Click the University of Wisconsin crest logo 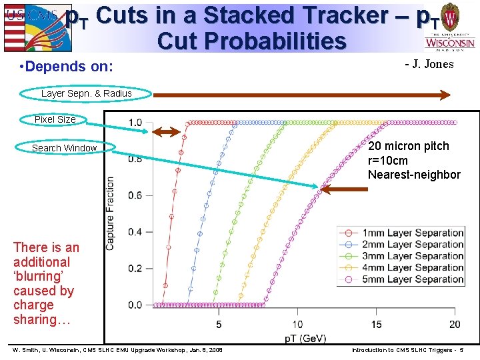click(x=451, y=27)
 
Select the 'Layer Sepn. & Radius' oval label click(x=86, y=93)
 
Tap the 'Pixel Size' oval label click(x=55, y=119)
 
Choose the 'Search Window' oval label click(x=65, y=148)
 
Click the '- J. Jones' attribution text click(x=429, y=65)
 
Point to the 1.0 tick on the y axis click(x=135, y=123)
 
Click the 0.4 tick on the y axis click(x=135, y=232)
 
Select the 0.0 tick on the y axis click(x=135, y=305)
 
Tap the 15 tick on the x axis click(x=376, y=324)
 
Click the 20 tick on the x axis click(x=455, y=324)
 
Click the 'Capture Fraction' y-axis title click(x=110, y=213)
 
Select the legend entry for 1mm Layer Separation click(x=403, y=233)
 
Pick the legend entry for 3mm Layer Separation click(x=403, y=256)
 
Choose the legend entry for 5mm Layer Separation click(x=403, y=279)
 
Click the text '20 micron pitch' click(x=408, y=146)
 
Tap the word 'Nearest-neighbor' click(x=414, y=175)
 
